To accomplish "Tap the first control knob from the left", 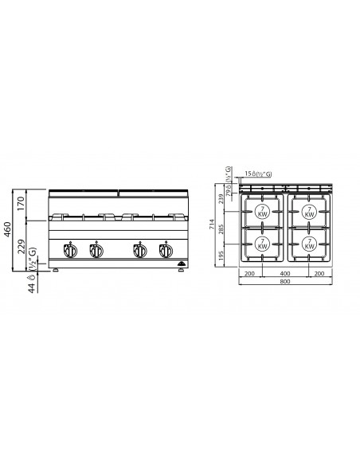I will point(71,251).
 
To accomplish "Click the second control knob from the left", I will point(96,251).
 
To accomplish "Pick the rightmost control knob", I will point(166,251).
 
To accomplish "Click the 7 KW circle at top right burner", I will point(309,213).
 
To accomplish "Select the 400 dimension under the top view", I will point(284,272).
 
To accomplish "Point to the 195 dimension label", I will point(222,254).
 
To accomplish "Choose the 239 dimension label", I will point(222,198).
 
